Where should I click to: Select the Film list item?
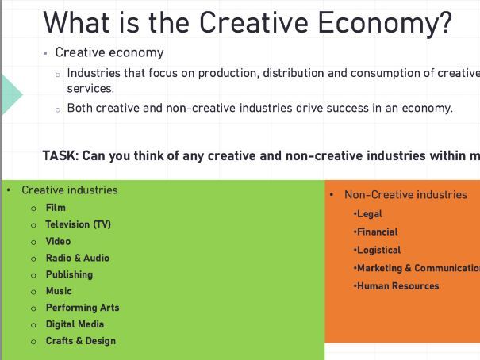(x=56, y=208)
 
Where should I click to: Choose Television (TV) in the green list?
(x=78, y=224)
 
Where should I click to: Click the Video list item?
(x=58, y=241)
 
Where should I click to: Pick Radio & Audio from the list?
(x=77, y=258)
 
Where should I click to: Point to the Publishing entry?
(x=69, y=274)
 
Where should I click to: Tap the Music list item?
(x=59, y=291)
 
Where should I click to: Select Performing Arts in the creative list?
(x=82, y=308)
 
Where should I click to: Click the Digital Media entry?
(x=75, y=324)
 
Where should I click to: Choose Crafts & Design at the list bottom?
(x=80, y=341)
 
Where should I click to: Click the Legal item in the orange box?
(x=370, y=214)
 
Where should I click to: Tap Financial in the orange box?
(x=378, y=232)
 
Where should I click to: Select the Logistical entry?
(x=378, y=250)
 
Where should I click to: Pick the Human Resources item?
(x=397, y=286)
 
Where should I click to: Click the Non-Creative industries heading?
(x=405, y=194)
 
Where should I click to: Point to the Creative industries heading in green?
(x=69, y=190)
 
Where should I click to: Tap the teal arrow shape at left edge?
(x=10, y=93)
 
